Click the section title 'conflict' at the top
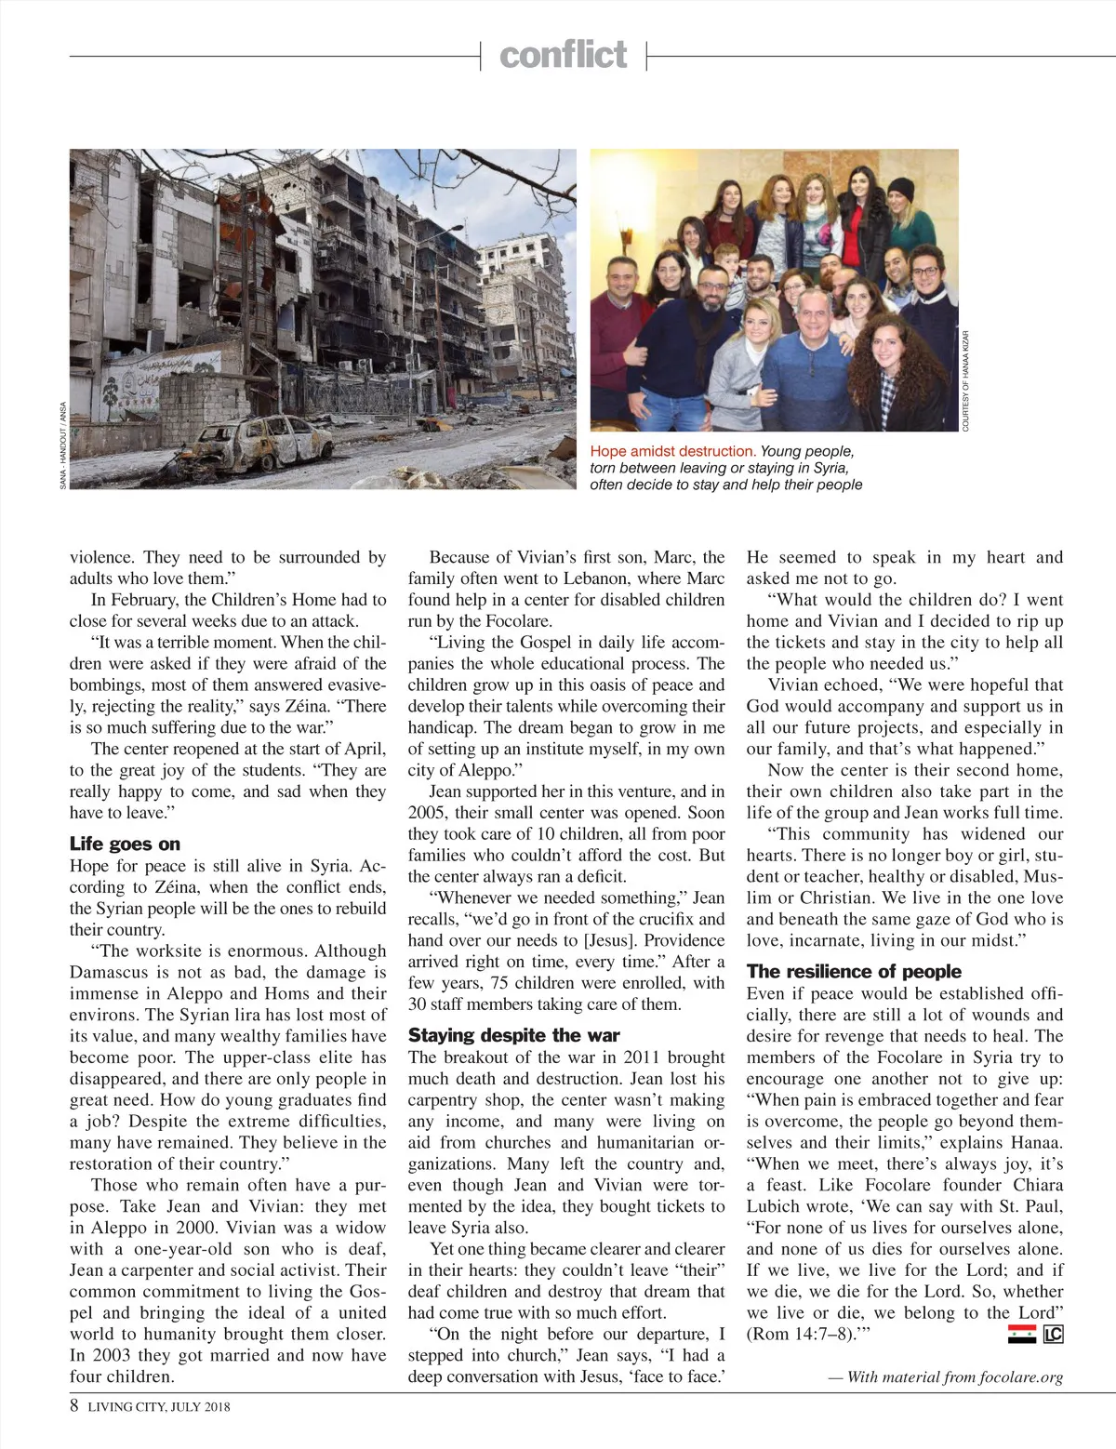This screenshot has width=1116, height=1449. (x=563, y=55)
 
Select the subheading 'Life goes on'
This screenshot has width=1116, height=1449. (x=125, y=844)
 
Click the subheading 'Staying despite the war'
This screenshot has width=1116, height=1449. (x=513, y=1035)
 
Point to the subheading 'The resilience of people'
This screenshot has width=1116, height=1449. (x=853, y=971)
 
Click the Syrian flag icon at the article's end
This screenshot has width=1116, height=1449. (x=1021, y=1336)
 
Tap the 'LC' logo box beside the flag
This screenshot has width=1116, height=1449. (x=1053, y=1336)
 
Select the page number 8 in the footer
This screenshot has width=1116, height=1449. (x=74, y=1406)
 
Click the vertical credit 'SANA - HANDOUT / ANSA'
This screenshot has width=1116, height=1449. (x=63, y=445)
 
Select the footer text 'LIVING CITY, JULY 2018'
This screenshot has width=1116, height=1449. (x=159, y=1407)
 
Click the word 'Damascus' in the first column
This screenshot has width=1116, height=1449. (x=107, y=972)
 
